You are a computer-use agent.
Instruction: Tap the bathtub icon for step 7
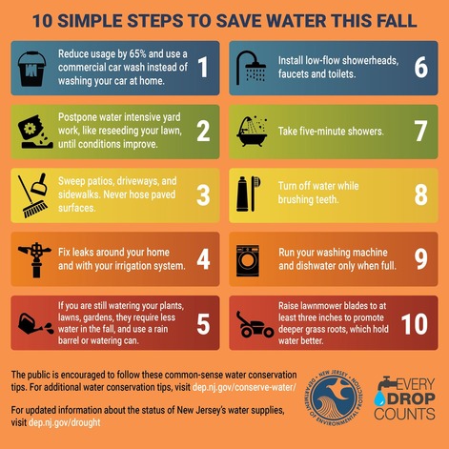253,131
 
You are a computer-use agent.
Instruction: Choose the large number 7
420,131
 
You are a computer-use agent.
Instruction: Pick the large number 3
202,195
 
